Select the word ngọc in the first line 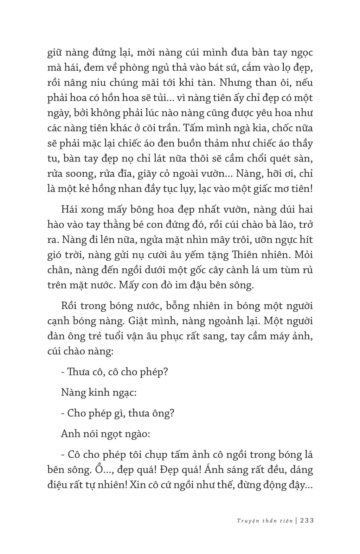[x=302, y=53]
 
